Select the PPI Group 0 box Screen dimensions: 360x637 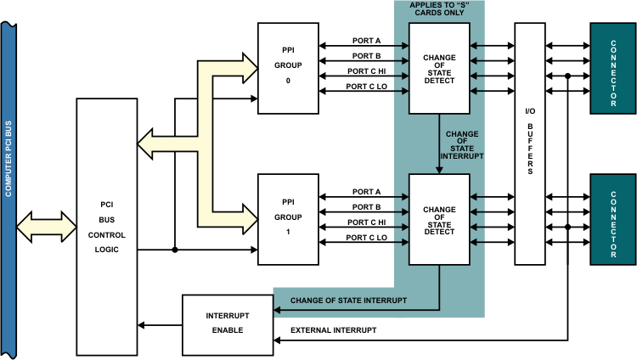point(288,67)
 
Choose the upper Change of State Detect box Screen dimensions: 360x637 point(438,68)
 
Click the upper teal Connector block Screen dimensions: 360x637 point(612,68)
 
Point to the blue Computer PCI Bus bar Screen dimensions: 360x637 point(8,180)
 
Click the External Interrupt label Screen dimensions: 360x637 point(334,329)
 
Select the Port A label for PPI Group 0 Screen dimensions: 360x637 point(366,41)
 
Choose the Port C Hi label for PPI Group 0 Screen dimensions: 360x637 point(366,71)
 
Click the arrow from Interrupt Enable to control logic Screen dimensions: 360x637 point(161,324)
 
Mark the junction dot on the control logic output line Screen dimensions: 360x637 point(174,250)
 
